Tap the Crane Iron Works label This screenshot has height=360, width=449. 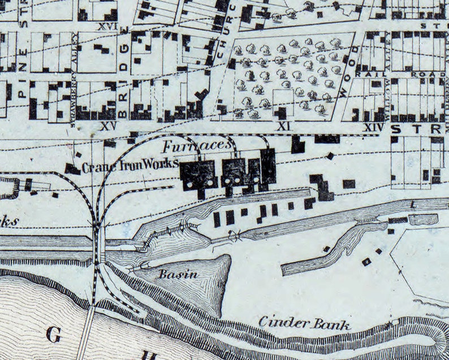[130, 167]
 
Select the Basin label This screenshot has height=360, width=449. [178, 275]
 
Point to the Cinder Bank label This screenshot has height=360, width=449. [305, 323]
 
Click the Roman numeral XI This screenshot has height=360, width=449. [284, 127]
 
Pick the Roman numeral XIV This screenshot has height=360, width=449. [373, 128]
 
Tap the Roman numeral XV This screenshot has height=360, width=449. [105, 124]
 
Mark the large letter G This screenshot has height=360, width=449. [53, 335]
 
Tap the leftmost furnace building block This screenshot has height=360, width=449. [197, 174]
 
